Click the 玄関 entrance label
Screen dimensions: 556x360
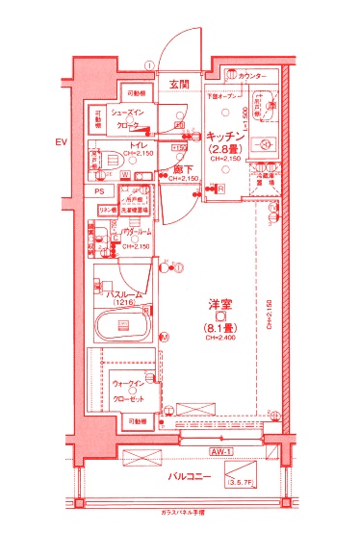click(x=180, y=86)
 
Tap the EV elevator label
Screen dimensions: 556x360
click(x=61, y=143)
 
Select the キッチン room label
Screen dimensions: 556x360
click(x=223, y=138)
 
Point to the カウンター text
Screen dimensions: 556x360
click(x=252, y=75)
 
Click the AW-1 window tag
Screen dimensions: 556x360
click(x=222, y=451)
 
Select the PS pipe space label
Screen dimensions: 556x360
click(x=98, y=191)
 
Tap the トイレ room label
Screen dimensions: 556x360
click(x=131, y=143)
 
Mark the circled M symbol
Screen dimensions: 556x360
click(x=164, y=338)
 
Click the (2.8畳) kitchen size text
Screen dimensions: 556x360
click(x=223, y=150)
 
